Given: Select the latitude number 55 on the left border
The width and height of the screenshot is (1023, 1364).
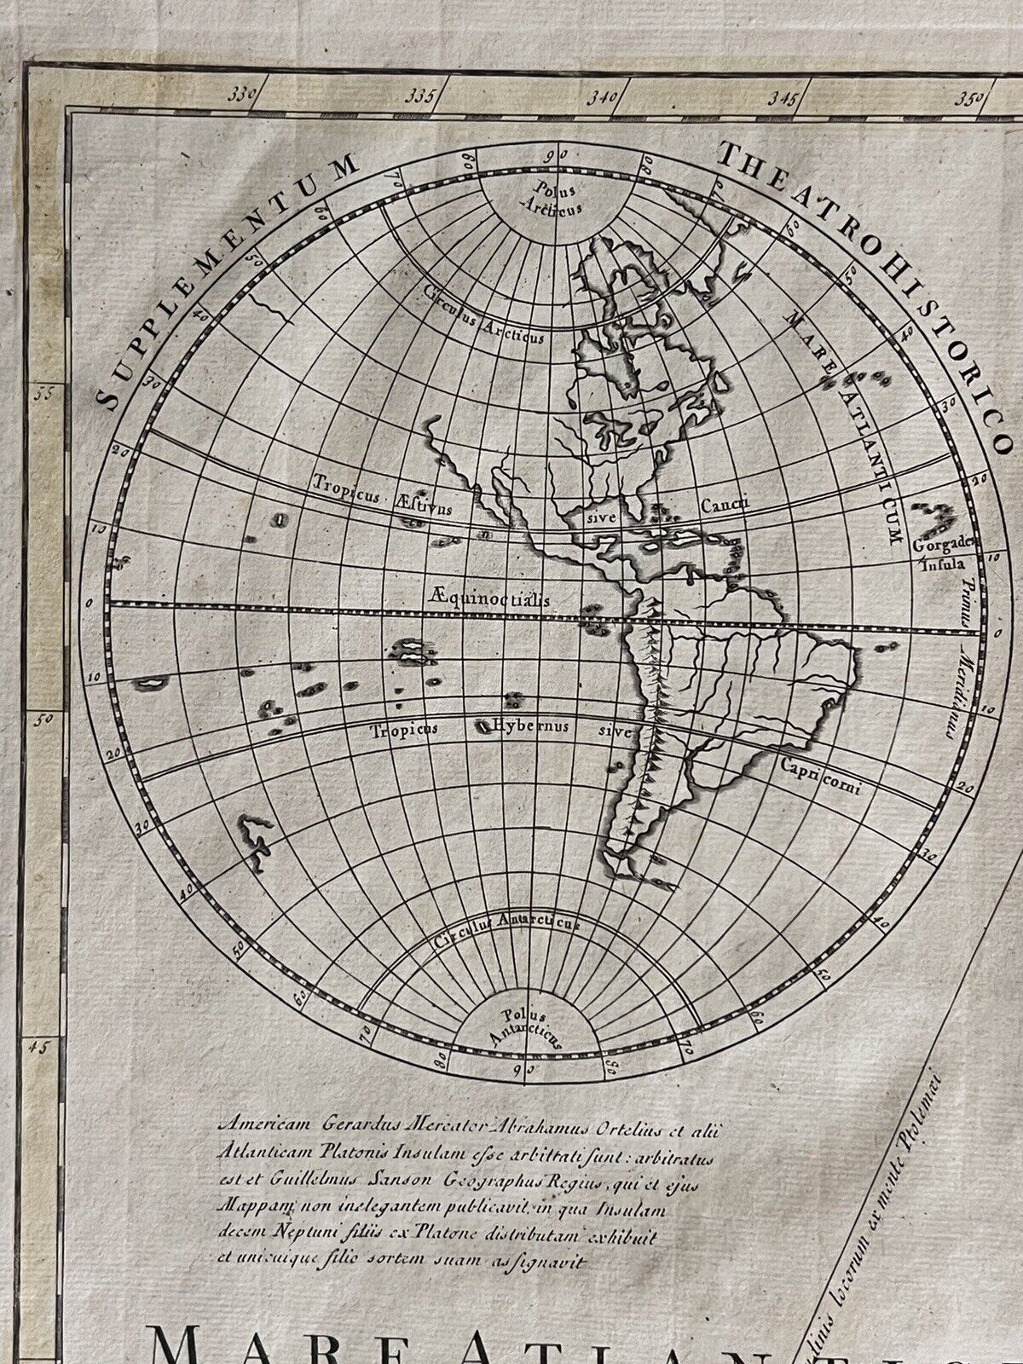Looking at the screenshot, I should click(45, 395).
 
